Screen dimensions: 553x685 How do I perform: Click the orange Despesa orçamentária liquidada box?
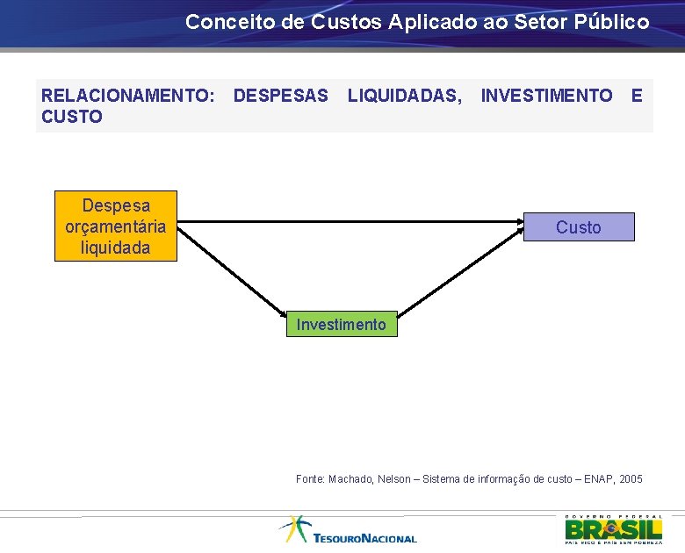(x=115, y=226)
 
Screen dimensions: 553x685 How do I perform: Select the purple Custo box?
(x=578, y=227)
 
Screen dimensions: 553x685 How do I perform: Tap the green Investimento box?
(x=341, y=325)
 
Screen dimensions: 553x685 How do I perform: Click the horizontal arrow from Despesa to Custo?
(x=351, y=223)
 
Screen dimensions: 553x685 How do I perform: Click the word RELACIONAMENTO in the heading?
(x=127, y=95)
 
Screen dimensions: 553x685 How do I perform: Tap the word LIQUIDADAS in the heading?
(x=405, y=95)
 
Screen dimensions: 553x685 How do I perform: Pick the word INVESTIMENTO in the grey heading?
(x=546, y=95)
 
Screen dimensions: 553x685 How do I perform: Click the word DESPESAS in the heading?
(x=281, y=95)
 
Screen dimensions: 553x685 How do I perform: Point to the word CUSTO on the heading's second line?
(x=72, y=117)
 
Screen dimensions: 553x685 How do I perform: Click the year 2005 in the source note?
(x=631, y=479)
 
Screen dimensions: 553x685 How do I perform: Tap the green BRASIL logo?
(x=613, y=528)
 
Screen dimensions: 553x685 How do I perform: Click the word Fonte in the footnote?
(x=310, y=479)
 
